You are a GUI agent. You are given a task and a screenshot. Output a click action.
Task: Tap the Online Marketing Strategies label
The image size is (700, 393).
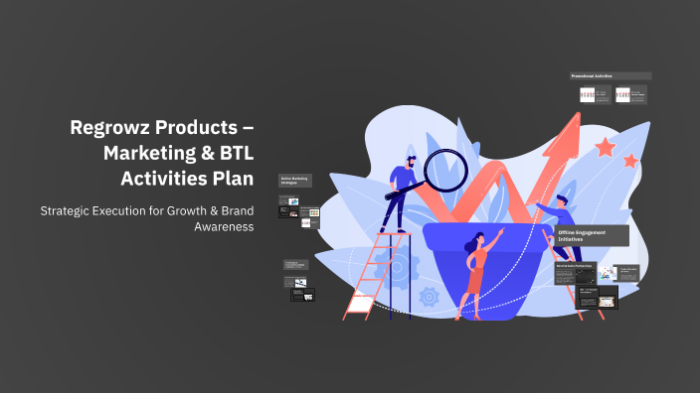tap(295, 181)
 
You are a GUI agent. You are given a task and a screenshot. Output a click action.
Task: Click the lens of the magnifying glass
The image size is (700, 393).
tap(444, 168)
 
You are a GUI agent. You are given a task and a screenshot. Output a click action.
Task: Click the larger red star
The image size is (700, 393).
tap(605, 148)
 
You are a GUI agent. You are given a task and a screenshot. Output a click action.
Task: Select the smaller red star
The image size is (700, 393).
tap(630, 160)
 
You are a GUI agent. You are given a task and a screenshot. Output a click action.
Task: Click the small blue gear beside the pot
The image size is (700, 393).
tap(430, 295)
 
